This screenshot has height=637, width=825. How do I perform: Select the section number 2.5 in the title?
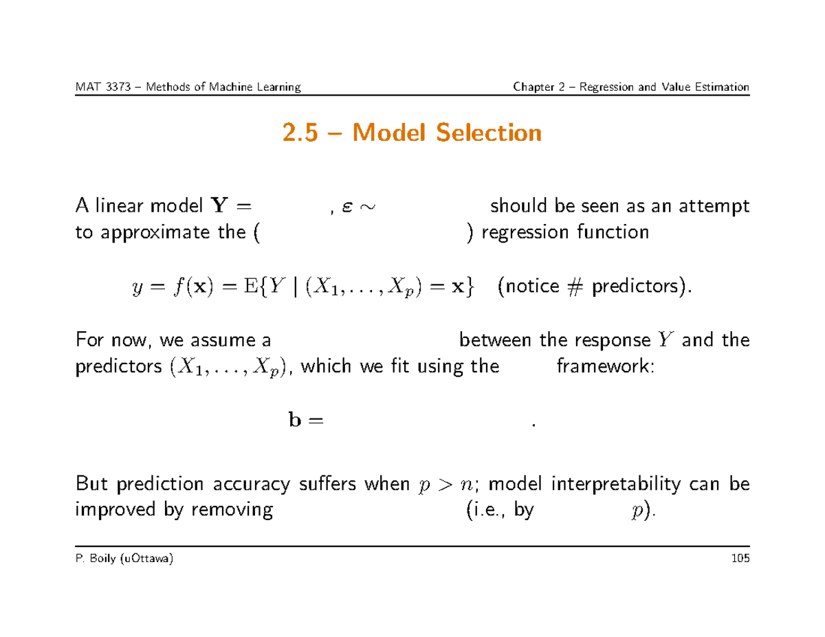pos(302,133)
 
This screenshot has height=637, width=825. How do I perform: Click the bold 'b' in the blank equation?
pos(293,421)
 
